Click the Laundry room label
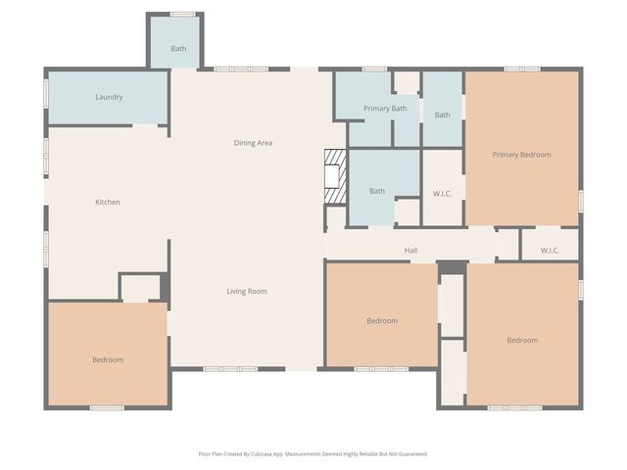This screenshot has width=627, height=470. [109, 97]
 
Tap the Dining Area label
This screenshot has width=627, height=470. [253, 143]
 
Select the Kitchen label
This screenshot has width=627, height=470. [108, 203]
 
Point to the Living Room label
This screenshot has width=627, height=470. [247, 291]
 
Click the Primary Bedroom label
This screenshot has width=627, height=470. [521, 155]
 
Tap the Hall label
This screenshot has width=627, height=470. [411, 251]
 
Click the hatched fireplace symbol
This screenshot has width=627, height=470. [336, 176]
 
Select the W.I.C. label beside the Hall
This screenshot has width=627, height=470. [550, 251]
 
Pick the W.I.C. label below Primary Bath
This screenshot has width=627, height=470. [442, 194]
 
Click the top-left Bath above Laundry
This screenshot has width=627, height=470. [178, 49]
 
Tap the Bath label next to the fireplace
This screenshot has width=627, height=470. [377, 191]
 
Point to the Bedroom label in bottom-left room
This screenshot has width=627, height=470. [108, 359]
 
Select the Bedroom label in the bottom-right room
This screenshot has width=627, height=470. [522, 340]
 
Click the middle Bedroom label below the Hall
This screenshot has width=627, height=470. [382, 321]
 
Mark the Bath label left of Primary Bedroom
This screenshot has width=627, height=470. [443, 116]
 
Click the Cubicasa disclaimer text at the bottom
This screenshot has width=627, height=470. [313, 453]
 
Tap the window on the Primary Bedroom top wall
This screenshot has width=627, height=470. [522, 69]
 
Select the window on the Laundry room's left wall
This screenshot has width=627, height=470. [46, 92]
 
